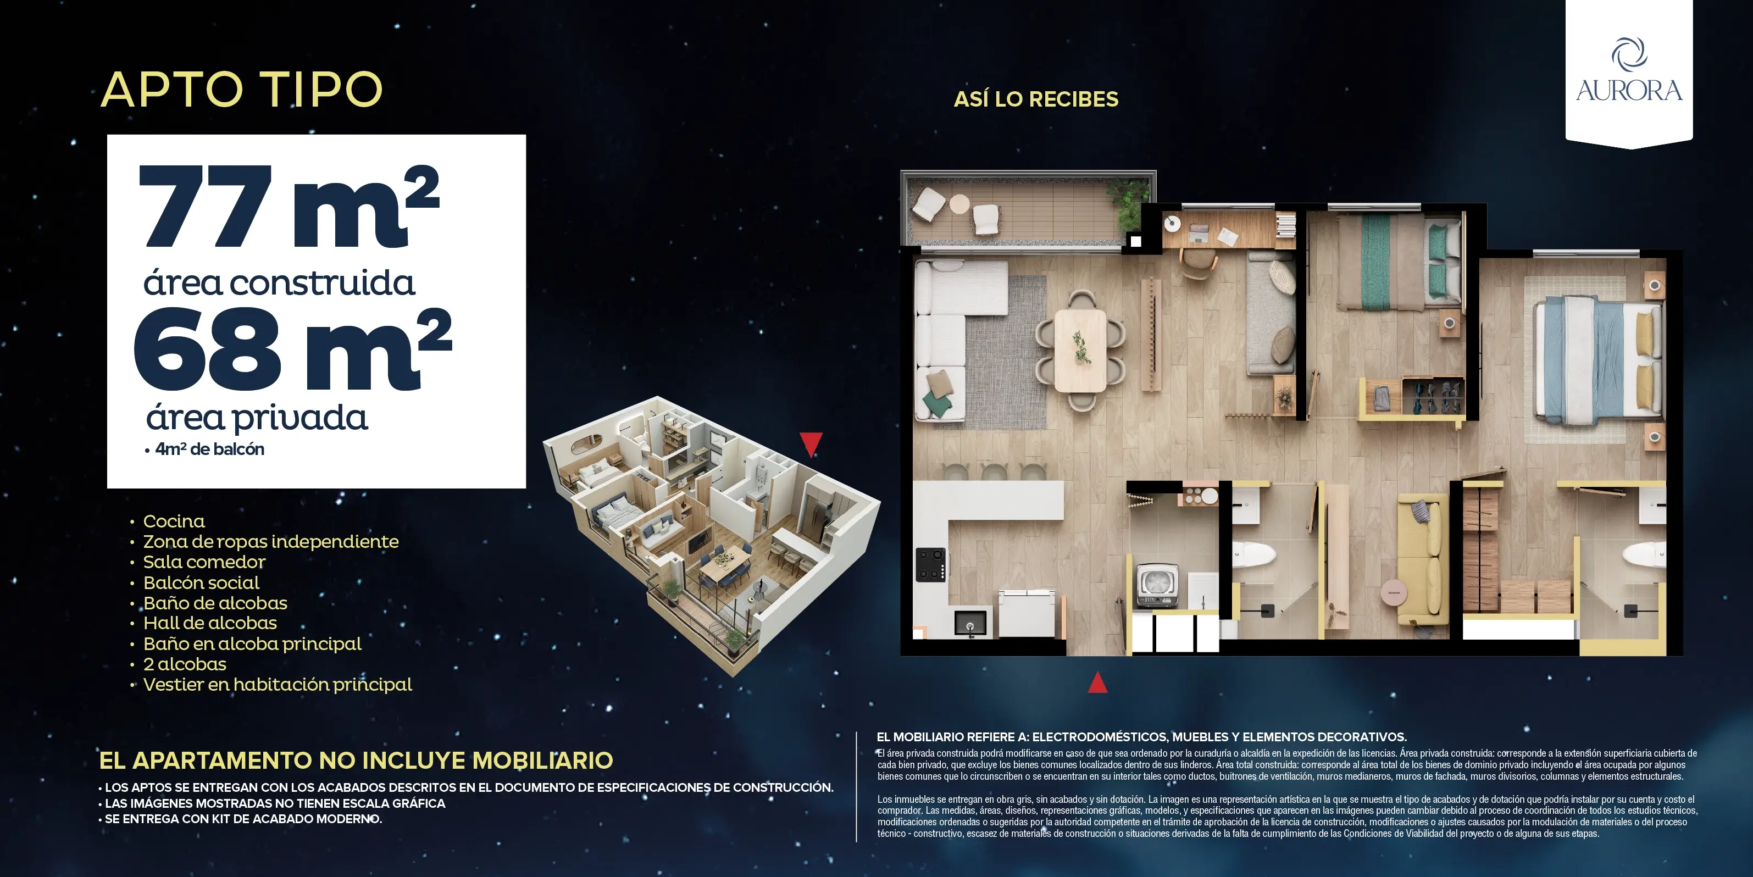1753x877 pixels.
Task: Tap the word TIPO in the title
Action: click(x=322, y=90)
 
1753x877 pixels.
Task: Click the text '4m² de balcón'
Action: click(x=209, y=449)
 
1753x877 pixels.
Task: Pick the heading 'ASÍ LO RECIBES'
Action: click(x=1036, y=99)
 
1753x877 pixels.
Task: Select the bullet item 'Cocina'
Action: click(x=174, y=521)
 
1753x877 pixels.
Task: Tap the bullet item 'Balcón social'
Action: click(x=201, y=582)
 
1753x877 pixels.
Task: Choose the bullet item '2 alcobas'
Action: click(x=185, y=664)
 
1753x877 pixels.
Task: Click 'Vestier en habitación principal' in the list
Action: click(x=277, y=685)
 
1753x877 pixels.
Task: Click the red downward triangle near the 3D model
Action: click(x=811, y=443)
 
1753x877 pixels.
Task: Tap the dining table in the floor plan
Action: click(x=1080, y=349)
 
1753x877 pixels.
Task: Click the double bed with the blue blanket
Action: click(x=1596, y=359)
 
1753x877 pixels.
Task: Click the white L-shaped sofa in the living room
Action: click(x=942, y=334)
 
